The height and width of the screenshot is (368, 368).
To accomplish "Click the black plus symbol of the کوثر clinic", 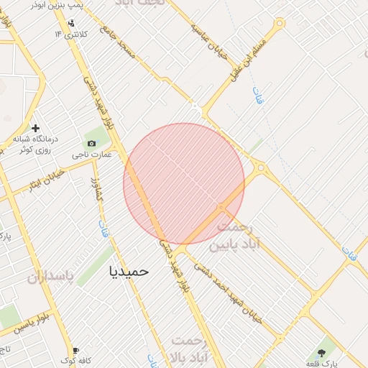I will (x=35, y=128).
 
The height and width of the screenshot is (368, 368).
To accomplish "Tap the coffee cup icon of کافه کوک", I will (x=76, y=350).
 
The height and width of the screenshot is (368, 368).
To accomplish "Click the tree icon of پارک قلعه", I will (x=321, y=353).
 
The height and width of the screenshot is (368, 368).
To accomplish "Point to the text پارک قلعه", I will (x=321, y=364).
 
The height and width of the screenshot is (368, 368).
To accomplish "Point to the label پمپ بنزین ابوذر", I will (x=58, y=4).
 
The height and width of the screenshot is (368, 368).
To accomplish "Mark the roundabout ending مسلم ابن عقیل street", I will (x=279, y=23).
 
